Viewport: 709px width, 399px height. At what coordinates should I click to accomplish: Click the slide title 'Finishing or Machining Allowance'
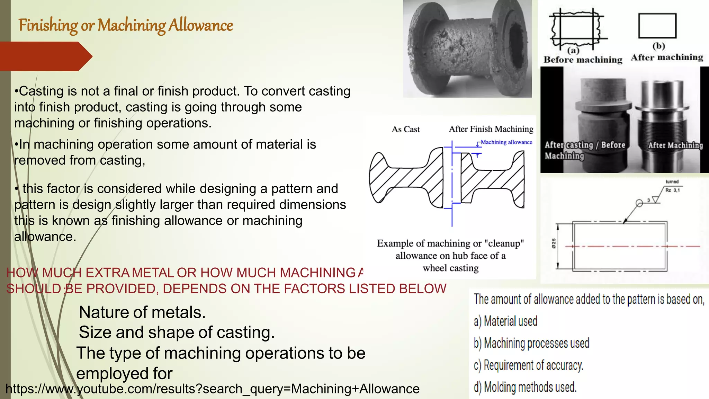126,26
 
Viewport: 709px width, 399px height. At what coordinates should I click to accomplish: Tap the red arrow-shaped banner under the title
45,56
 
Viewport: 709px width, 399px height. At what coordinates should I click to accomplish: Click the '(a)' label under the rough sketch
573,50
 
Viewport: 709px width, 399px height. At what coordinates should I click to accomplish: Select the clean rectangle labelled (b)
657,26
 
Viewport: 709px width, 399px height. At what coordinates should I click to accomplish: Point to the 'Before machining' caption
583,60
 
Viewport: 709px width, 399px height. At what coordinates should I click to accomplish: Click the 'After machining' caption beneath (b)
667,57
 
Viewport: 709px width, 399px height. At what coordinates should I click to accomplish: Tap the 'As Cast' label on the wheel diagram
405,130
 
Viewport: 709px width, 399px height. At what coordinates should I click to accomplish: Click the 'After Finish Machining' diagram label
491,129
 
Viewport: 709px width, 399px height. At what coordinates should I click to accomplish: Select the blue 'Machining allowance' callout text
506,142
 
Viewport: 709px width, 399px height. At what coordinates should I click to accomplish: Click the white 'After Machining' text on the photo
675,145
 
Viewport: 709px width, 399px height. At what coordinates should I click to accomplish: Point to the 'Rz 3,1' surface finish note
672,190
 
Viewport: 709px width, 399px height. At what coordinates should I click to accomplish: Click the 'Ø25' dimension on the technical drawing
554,243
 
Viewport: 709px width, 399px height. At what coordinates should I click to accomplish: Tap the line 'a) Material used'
505,321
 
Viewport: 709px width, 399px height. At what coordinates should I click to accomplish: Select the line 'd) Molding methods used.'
525,387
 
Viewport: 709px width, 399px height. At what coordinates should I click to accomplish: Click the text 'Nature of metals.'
142,312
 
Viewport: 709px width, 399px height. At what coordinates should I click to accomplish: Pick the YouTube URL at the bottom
213,389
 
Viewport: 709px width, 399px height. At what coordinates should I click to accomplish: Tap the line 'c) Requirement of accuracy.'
528,365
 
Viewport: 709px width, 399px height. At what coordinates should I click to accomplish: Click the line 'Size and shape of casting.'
177,332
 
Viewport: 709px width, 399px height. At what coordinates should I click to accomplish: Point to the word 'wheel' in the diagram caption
434,268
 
